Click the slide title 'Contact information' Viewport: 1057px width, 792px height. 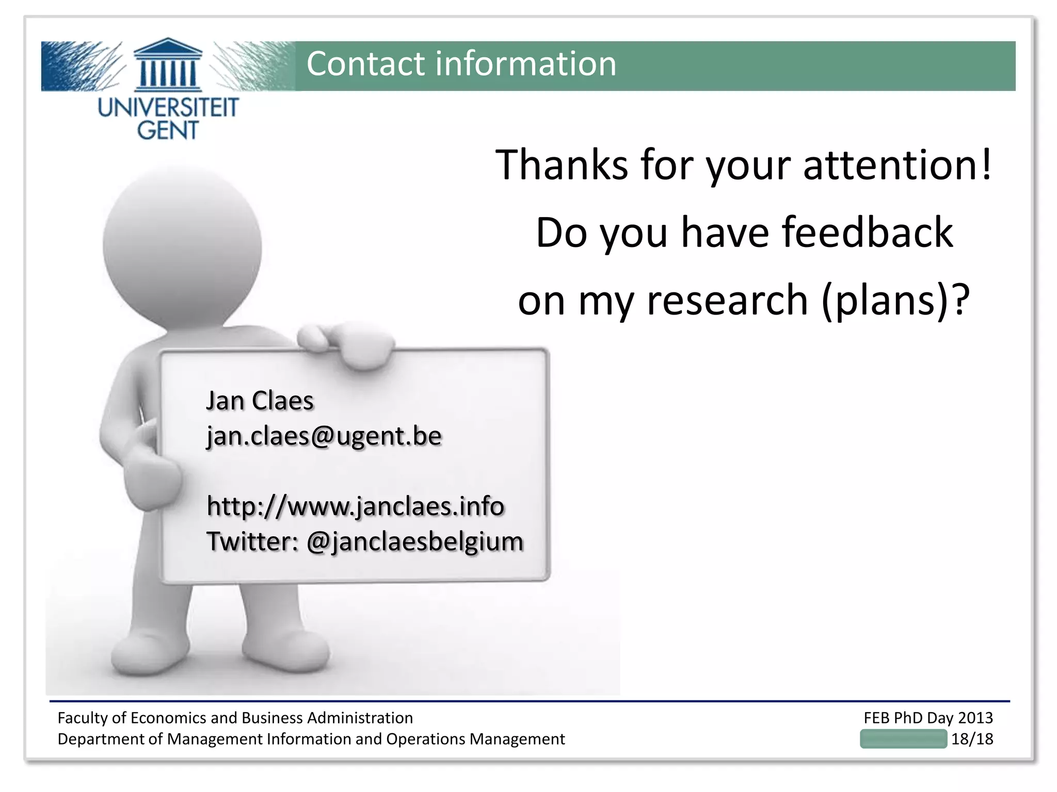(x=461, y=64)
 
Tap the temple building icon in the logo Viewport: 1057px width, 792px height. (x=168, y=64)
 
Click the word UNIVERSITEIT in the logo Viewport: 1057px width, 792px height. (x=168, y=108)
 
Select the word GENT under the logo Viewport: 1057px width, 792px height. (x=168, y=130)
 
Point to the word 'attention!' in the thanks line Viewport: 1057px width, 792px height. (x=898, y=165)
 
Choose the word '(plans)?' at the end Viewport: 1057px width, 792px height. (x=895, y=301)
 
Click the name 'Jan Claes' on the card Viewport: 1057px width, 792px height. (x=260, y=401)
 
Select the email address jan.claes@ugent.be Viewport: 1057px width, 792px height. (x=324, y=436)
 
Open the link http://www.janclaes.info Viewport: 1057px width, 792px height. (x=355, y=506)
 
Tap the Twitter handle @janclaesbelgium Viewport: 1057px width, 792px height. (x=415, y=542)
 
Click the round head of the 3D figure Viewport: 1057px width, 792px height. (x=182, y=245)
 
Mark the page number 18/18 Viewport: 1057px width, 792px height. (x=972, y=739)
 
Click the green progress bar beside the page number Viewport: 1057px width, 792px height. (x=903, y=739)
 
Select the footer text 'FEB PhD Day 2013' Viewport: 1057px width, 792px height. (x=928, y=718)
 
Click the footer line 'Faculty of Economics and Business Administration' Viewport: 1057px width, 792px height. (x=235, y=718)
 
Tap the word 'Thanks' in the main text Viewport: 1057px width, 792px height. (x=562, y=165)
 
